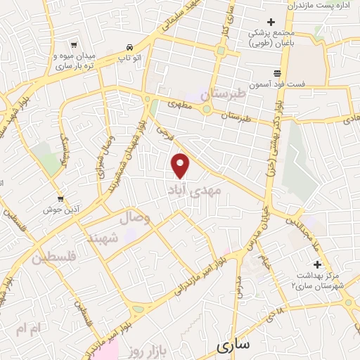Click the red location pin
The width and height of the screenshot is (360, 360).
pos(181,165)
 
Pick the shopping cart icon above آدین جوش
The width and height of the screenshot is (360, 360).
pos(60,198)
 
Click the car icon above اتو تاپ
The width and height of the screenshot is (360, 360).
pos(128,44)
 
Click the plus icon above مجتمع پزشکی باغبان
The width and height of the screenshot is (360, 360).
pos(271,21)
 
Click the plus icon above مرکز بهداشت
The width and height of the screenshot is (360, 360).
pos(318,264)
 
